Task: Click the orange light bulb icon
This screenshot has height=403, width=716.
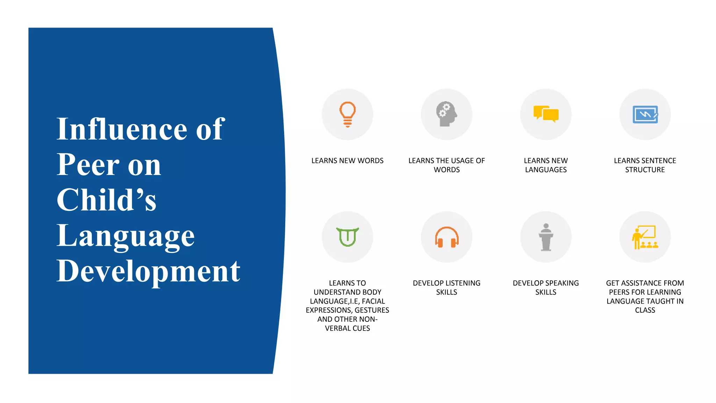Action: click(x=348, y=114)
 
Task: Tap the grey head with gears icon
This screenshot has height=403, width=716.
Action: click(x=446, y=114)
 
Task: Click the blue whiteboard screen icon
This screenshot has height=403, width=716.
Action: click(x=645, y=114)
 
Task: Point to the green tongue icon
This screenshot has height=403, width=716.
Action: click(x=348, y=237)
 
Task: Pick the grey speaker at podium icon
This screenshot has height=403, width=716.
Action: click(x=546, y=237)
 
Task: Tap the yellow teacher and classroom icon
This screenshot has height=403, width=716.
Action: click(x=645, y=237)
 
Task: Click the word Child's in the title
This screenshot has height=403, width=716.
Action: click(x=106, y=200)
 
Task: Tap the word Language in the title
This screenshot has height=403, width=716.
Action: click(x=126, y=236)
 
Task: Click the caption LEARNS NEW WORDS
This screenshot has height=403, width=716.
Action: click(x=347, y=161)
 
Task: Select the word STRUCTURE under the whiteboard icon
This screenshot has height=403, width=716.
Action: click(x=645, y=170)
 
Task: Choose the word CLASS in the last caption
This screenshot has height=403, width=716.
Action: click(x=645, y=310)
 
